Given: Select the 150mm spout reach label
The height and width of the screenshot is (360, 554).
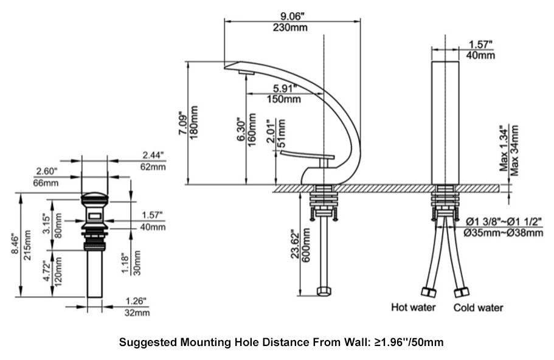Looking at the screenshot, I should tap(283, 99).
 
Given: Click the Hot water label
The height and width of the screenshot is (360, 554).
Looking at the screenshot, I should tap(414, 307).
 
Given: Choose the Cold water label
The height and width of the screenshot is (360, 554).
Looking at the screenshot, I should tap(478, 307).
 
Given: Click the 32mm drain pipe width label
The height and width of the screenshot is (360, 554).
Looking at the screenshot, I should tap(137, 313).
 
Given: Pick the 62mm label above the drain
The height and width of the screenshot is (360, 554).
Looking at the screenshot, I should tap(153, 166).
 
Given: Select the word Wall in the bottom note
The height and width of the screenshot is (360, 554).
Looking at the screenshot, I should tap(356, 342).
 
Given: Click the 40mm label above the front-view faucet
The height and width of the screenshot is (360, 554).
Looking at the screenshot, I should tap(480, 55).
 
